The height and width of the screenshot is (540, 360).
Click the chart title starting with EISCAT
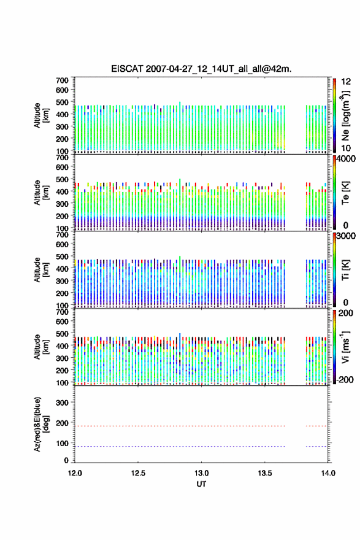click(x=201, y=69)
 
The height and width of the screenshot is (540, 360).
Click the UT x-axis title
click(x=201, y=484)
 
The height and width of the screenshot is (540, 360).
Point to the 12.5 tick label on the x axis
click(x=138, y=473)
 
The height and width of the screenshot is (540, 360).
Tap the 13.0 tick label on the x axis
click(x=201, y=473)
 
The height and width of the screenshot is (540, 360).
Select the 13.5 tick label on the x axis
click(x=265, y=473)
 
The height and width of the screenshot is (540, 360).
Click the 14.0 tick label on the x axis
click(x=328, y=473)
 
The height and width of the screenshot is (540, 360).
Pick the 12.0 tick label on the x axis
click(x=75, y=473)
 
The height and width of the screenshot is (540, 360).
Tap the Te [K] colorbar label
click(x=345, y=193)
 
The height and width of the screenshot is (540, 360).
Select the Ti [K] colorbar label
click(x=345, y=270)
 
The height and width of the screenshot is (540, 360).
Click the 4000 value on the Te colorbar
click(x=346, y=159)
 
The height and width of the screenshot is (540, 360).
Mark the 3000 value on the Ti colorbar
click(x=346, y=236)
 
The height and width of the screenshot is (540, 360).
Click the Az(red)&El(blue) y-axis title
click(x=41, y=424)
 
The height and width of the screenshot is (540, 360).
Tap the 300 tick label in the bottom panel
click(x=63, y=403)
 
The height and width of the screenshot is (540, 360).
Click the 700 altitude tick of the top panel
click(x=63, y=80)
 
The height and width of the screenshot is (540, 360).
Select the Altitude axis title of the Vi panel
click(x=41, y=347)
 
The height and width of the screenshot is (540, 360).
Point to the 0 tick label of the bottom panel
click(x=66, y=460)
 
